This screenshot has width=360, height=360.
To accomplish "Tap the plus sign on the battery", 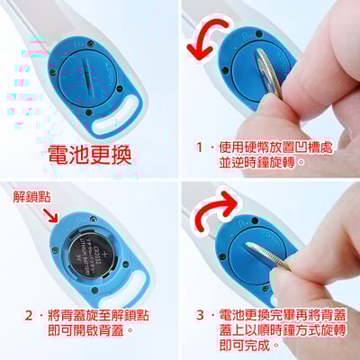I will click(104, 256).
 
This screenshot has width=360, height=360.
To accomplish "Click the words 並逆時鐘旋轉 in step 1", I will click(262, 162).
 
